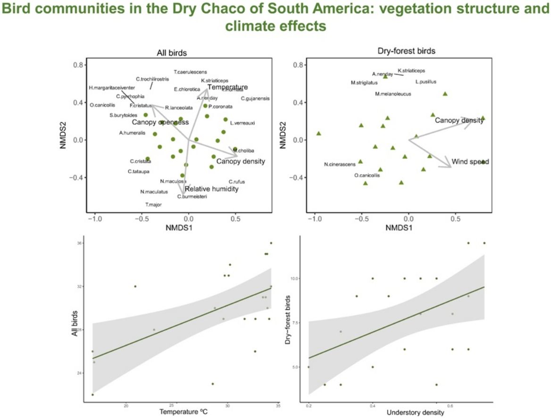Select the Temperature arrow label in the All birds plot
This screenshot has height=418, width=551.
click(x=227, y=87)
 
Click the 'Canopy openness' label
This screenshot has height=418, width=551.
click(x=160, y=123)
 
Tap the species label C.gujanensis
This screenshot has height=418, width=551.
click(x=255, y=99)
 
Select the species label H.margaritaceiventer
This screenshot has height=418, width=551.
click(x=112, y=88)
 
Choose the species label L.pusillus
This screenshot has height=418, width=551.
click(x=426, y=82)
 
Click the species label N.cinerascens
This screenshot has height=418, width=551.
click(x=340, y=165)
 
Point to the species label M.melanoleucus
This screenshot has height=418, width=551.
click(x=393, y=94)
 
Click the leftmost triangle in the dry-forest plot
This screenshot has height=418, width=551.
click(x=318, y=134)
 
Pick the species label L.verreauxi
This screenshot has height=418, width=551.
click(x=242, y=123)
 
